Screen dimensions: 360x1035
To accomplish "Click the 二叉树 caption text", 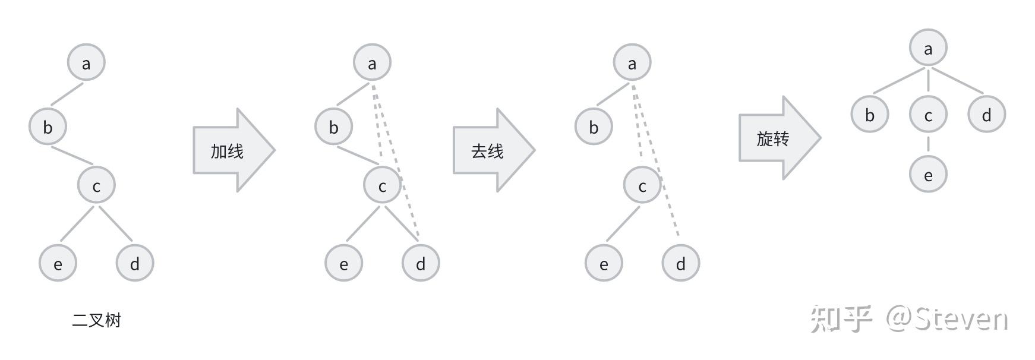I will pyautogui.click(x=96, y=321).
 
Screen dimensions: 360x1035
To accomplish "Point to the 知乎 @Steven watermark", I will pyautogui.click(x=909, y=319).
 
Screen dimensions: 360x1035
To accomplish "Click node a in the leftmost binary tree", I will pyautogui.click(x=86, y=62).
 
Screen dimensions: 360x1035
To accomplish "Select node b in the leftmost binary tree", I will pyautogui.click(x=48, y=127).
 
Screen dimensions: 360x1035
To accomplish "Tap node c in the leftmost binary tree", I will pyautogui.click(x=96, y=186).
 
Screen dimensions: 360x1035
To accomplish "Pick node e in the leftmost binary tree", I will pyautogui.click(x=58, y=263).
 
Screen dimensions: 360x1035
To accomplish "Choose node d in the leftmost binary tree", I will pyautogui.click(x=135, y=263).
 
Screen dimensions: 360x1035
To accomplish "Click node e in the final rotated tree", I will pyautogui.click(x=928, y=175).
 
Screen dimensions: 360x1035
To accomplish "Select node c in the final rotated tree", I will pyautogui.click(x=928, y=115).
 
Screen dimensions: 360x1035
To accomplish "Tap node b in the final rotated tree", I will pyautogui.click(x=870, y=115).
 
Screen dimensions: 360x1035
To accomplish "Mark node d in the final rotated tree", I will pyautogui.click(x=986, y=115).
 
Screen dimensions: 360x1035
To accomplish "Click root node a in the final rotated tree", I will pyautogui.click(x=928, y=48).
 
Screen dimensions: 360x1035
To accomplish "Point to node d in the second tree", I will pyautogui.click(x=421, y=263).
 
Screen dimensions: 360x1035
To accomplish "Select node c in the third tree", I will pyautogui.click(x=642, y=186).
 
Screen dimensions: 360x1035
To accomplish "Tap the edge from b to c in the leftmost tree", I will pyautogui.click(x=72, y=156).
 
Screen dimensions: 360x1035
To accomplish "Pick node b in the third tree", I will pyautogui.click(x=594, y=127).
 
